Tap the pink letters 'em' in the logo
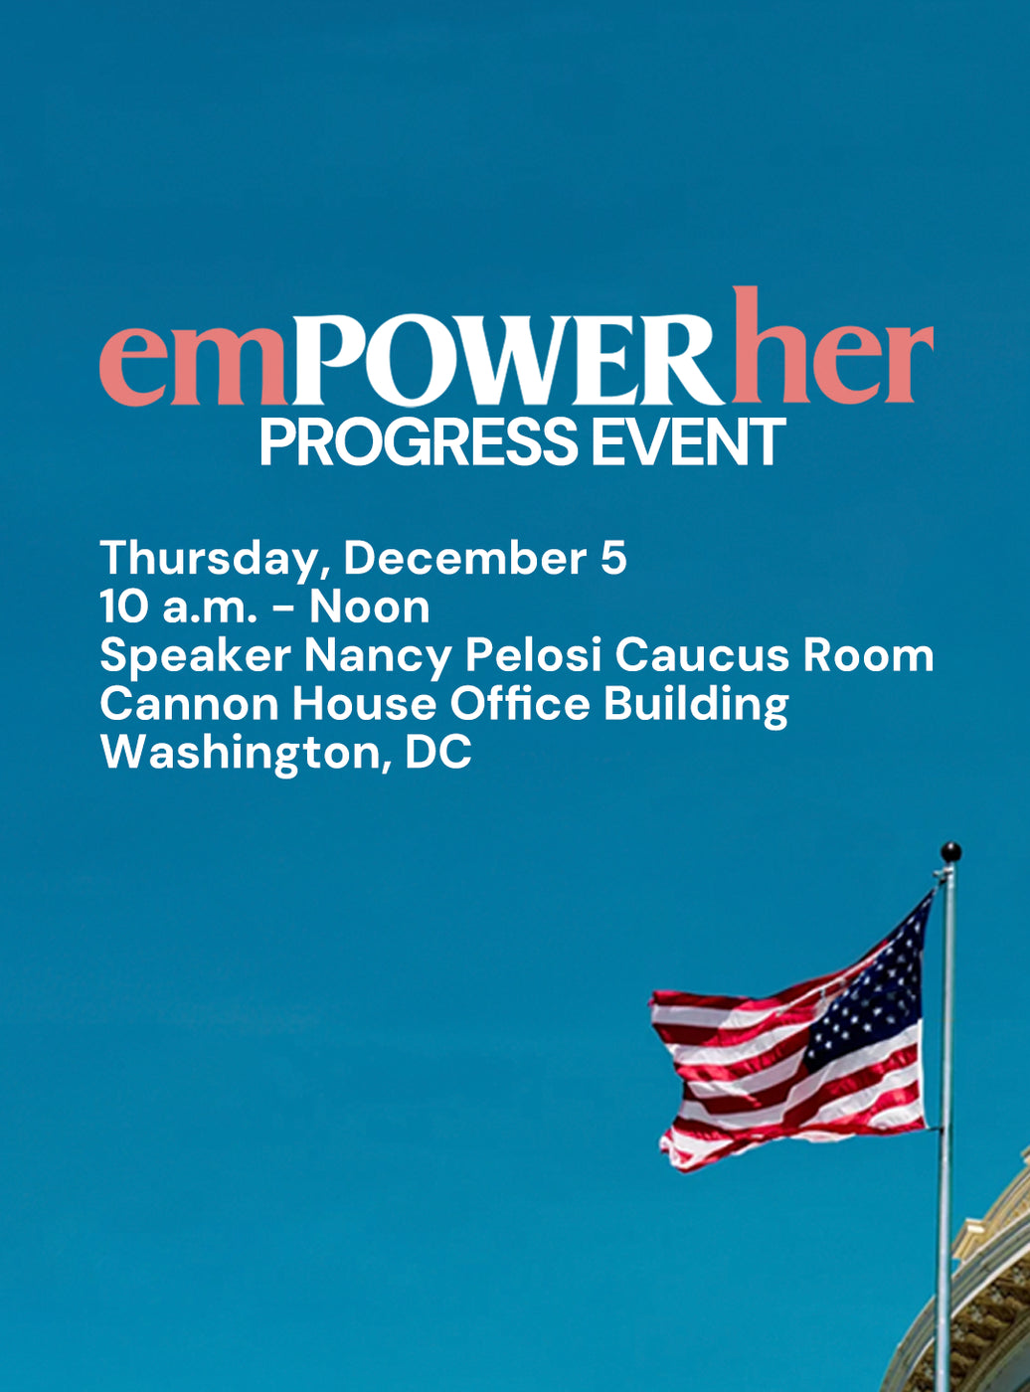click(x=194, y=366)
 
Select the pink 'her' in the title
click(x=833, y=345)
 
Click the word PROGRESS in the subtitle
click(x=419, y=442)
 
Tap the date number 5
click(x=613, y=558)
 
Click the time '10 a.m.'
click(x=179, y=608)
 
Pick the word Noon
click(x=370, y=608)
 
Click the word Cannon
click(x=189, y=704)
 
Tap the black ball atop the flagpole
click(x=950, y=852)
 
